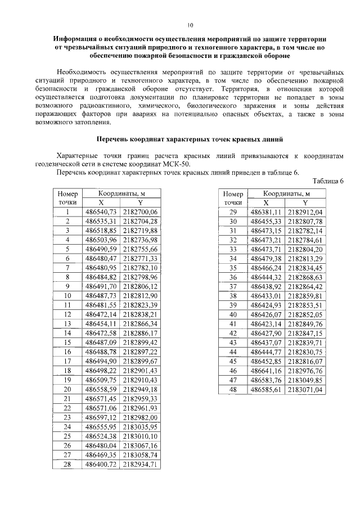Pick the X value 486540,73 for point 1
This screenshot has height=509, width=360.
pos(101,212)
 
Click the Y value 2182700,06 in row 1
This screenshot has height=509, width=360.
pos(141,212)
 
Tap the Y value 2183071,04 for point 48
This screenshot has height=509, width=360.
pos(305,389)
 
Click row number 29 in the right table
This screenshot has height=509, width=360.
pos(232,212)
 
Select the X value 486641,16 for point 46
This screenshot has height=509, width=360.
pos(266,371)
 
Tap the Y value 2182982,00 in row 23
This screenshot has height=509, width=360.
pos(141,417)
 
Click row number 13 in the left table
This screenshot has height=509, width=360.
pos(67,324)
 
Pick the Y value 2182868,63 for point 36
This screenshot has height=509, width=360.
pos(305,277)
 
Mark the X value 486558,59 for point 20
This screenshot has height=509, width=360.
pos(101,389)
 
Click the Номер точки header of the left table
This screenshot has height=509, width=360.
pos(67,197)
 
